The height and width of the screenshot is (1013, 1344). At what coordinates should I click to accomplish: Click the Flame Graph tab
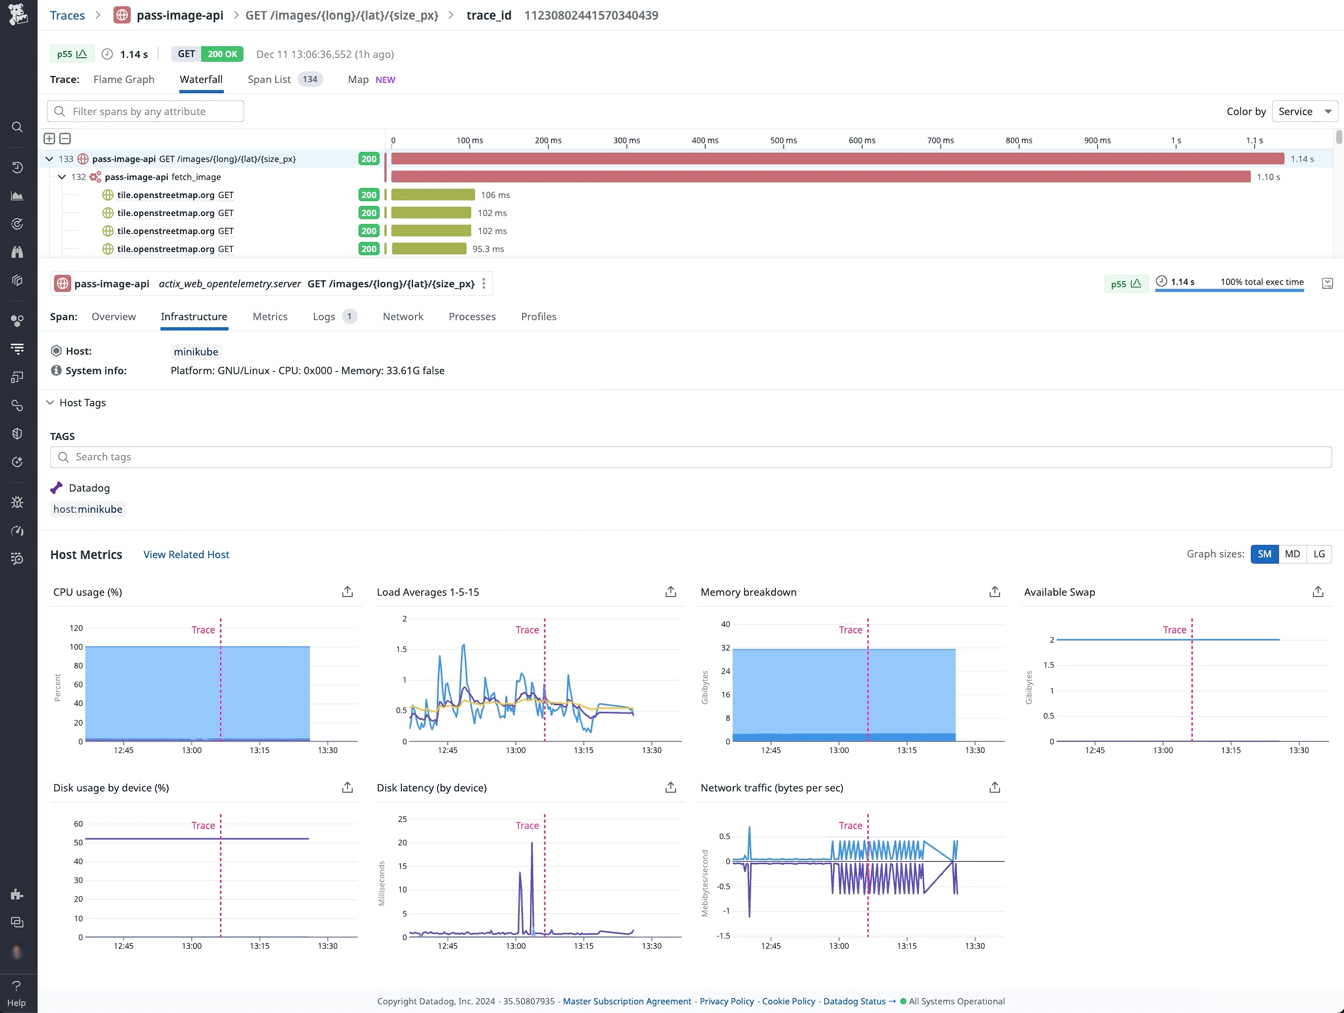point(123,79)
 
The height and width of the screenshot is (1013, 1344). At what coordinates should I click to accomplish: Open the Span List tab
point(269,79)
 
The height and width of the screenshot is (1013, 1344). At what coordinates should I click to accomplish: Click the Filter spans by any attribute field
point(146,111)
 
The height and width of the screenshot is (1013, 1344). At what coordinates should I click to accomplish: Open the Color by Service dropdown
point(1304,111)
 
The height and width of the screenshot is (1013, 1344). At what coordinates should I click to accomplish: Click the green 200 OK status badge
point(222,54)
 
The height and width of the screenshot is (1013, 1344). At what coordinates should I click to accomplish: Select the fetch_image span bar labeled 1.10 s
point(820,177)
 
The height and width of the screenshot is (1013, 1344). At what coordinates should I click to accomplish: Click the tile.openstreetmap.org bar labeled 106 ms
point(432,195)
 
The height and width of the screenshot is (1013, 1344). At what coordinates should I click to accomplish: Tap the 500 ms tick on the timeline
point(783,141)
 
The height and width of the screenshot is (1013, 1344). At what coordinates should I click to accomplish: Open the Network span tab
point(403,317)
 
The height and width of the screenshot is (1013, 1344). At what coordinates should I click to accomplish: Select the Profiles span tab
point(538,317)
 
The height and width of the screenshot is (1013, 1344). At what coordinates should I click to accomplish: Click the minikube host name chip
point(196,352)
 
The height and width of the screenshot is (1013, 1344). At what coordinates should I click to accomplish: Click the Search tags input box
point(690,457)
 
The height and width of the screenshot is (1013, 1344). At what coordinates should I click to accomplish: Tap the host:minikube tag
point(88,509)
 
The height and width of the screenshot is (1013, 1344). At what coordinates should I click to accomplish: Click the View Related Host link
point(186,555)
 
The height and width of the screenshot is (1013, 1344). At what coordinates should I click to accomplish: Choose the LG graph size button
point(1319,554)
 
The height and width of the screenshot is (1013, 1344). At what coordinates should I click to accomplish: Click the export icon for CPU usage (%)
point(347,592)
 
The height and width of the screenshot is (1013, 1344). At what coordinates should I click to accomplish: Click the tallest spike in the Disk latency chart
point(531,845)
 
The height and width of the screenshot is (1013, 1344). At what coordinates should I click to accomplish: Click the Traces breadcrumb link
point(67,15)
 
